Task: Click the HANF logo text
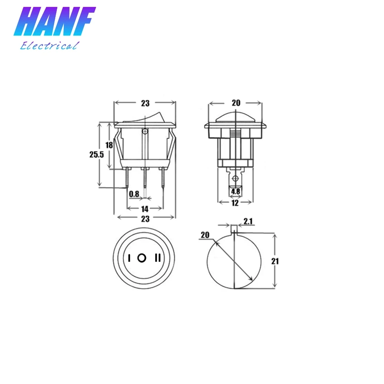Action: (x=55, y=21)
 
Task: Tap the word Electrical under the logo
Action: (x=50, y=46)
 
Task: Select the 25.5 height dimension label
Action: (x=96, y=154)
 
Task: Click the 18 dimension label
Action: (x=109, y=145)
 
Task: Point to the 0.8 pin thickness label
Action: (x=134, y=194)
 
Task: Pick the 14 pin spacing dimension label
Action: (x=145, y=209)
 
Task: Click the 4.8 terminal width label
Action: (x=236, y=191)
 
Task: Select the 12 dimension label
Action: (x=235, y=203)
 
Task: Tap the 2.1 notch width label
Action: (x=248, y=222)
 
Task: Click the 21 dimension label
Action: (x=275, y=261)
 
